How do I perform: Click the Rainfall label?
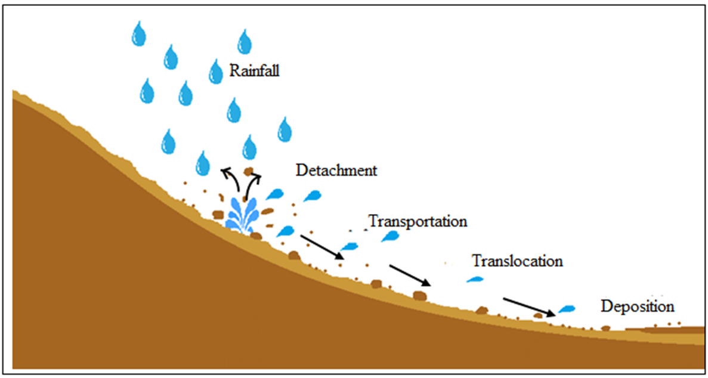(x=255, y=72)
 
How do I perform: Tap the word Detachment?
(x=336, y=171)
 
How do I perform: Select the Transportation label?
(x=418, y=221)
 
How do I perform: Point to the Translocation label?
(x=517, y=261)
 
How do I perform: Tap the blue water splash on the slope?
(x=242, y=214)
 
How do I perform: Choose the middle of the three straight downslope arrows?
(x=409, y=274)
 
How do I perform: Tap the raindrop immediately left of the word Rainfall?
(x=215, y=72)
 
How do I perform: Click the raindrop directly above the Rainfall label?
(x=244, y=41)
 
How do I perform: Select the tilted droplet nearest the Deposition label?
(x=566, y=309)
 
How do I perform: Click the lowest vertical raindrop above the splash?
(x=203, y=162)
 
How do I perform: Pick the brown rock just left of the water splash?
(x=218, y=214)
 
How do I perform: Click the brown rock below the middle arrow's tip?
(x=420, y=295)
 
